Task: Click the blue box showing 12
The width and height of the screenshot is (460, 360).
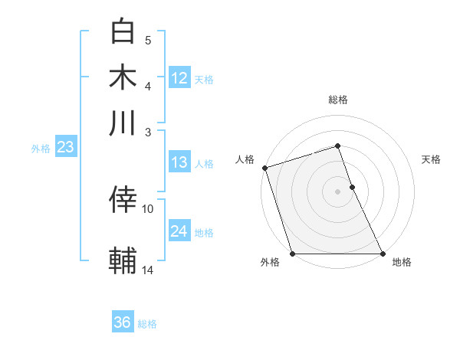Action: tap(179, 78)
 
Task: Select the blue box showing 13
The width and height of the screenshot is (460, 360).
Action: tap(179, 162)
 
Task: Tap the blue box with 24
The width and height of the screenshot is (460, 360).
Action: tap(179, 231)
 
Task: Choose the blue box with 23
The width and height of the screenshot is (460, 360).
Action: tap(64, 147)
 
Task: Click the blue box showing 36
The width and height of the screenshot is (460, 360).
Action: tap(123, 322)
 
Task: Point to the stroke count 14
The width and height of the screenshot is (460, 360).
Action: tap(148, 270)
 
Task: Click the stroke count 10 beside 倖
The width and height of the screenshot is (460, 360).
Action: tap(148, 208)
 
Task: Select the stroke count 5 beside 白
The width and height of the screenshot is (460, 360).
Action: tap(148, 40)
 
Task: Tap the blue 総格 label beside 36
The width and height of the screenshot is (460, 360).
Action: tap(147, 324)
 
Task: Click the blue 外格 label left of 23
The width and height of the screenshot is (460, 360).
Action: tap(40, 149)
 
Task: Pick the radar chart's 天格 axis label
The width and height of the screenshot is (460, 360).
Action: tap(431, 159)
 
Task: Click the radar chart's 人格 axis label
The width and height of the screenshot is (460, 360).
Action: tap(245, 159)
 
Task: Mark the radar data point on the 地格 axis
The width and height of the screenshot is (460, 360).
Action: tap(382, 254)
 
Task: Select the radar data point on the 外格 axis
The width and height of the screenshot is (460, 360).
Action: tap(293, 254)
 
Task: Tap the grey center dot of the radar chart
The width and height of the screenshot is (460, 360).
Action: tap(337, 191)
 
